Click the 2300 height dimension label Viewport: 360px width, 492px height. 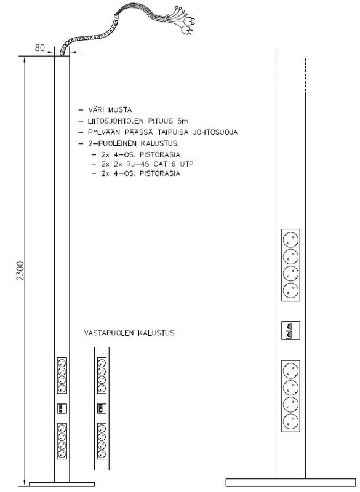[x=20, y=271]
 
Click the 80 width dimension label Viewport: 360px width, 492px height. [x=40, y=48]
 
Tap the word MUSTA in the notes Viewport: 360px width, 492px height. [x=120, y=110]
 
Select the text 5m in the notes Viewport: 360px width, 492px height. [x=183, y=121]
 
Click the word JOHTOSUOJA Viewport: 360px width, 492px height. [x=215, y=132]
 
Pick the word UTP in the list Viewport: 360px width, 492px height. [x=186, y=164]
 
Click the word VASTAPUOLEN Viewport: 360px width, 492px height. [x=109, y=333]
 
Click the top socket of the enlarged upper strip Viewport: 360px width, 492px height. [x=290, y=240]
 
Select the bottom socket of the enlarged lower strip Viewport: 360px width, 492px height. [x=290, y=422]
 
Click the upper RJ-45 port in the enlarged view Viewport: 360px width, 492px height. [x=289, y=326]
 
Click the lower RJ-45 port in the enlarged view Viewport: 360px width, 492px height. [x=289, y=335]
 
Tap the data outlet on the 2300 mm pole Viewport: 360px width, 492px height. [x=62, y=408]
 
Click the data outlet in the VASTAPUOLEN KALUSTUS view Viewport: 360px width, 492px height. [x=102, y=408]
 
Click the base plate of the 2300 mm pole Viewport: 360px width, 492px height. [x=62, y=484]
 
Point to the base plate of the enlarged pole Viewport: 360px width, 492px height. [x=290, y=483]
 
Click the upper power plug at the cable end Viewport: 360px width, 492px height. [x=190, y=21]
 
